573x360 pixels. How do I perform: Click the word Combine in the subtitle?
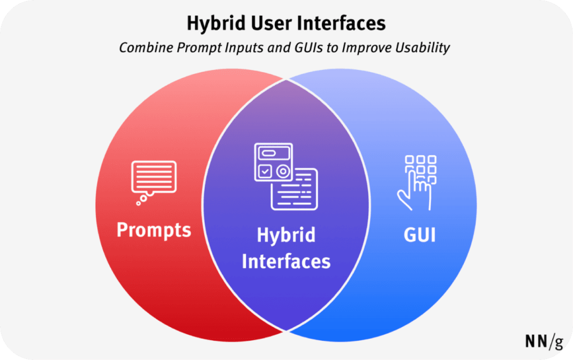[x=144, y=48]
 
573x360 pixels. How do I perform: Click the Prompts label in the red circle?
[x=153, y=230]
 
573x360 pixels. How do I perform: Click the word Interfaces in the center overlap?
[x=286, y=261]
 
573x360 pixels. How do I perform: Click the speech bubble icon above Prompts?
[x=153, y=179]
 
